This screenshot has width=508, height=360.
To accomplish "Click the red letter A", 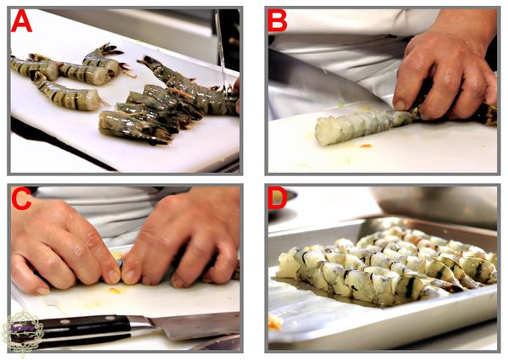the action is coord(21,21).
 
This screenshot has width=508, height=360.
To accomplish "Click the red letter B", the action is coord(278,20).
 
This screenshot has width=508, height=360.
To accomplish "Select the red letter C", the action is coord(21,198).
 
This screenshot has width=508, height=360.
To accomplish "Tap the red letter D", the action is coord(278,197).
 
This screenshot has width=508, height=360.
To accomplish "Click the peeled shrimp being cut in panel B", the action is coord(364,125).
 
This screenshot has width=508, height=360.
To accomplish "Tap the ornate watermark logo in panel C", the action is coord(22,332).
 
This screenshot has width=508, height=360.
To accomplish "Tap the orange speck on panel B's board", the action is coord(366,146).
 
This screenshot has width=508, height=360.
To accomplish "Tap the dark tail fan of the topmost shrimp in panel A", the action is coord(112,50).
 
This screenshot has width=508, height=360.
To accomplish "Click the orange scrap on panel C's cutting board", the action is coord(115,290).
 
